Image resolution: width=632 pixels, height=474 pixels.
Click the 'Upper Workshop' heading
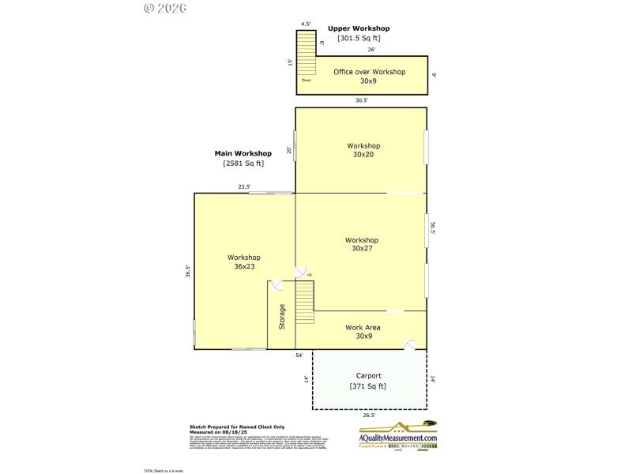coord(359,28)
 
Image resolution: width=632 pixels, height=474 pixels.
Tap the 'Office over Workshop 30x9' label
coord(369,76)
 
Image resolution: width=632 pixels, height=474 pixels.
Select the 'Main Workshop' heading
coord(243,153)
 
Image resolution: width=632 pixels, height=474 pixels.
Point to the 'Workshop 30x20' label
coord(363,150)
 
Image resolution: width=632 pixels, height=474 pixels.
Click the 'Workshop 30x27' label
coord(362,244)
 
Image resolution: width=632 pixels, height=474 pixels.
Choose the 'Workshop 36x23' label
coord(243,261)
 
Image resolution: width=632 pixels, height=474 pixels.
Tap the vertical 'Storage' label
coord(281,317)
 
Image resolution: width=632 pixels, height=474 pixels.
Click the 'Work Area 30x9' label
coord(363,331)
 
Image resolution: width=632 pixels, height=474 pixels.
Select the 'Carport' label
coord(368,376)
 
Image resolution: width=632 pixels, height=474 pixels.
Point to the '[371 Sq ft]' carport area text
coord(368,386)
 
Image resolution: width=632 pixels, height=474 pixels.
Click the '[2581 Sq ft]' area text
coord(243,164)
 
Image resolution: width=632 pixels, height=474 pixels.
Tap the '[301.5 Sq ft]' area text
coord(359,38)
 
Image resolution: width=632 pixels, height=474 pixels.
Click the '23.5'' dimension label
coord(245,187)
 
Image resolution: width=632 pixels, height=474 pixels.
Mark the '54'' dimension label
coord(299,355)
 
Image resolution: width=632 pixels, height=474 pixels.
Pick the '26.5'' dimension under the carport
coord(368,415)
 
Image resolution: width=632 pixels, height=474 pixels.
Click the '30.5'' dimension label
coord(361,100)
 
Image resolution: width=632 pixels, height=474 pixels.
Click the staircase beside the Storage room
coord(305,301)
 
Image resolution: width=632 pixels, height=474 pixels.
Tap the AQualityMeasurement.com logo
coord(397,436)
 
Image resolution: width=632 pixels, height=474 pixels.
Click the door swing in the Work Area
coord(410,344)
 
